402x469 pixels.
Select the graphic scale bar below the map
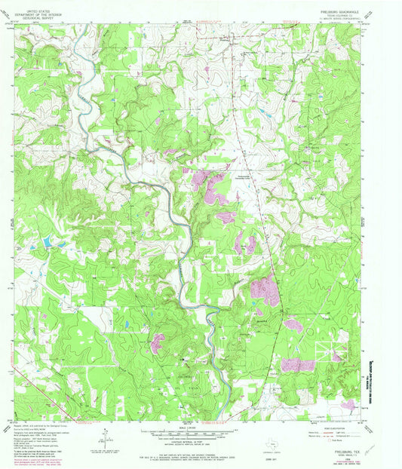pos(185,437)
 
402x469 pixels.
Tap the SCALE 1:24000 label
pos(185,430)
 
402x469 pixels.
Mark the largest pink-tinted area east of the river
pos(264,290)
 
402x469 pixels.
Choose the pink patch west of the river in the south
pos(158,344)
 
